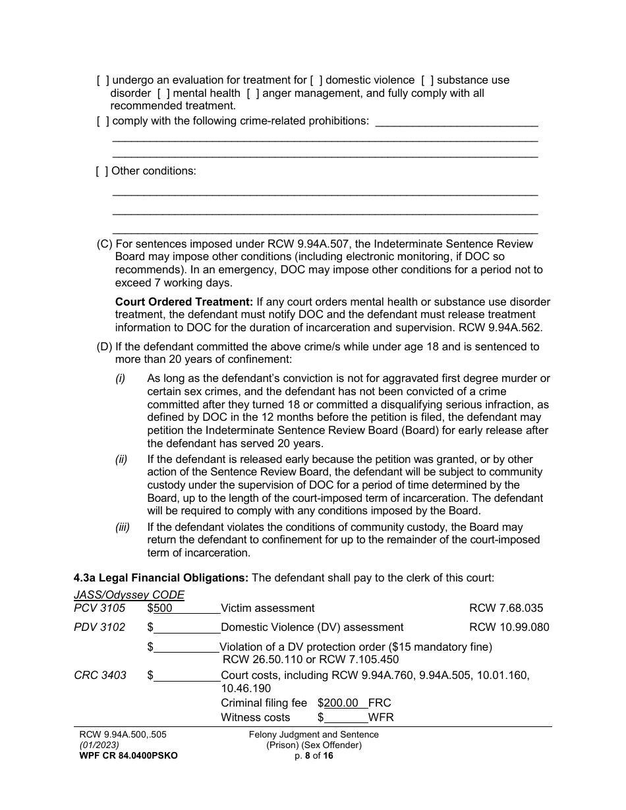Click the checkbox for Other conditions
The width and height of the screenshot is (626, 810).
[x=102, y=171]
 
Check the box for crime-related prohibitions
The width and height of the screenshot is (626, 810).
[x=102, y=121]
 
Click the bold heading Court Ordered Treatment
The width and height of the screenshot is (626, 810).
[x=184, y=302]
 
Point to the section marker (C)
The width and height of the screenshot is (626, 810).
[x=105, y=244]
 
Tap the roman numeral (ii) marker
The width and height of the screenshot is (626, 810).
[x=121, y=459]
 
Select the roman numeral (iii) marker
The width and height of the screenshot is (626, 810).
[x=123, y=527]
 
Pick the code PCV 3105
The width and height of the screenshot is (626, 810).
[x=100, y=608]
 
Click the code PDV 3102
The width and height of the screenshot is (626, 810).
[x=100, y=627]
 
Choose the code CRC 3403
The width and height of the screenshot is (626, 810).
[x=100, y=675]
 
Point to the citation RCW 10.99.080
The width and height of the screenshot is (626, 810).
[x=509, y=627]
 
